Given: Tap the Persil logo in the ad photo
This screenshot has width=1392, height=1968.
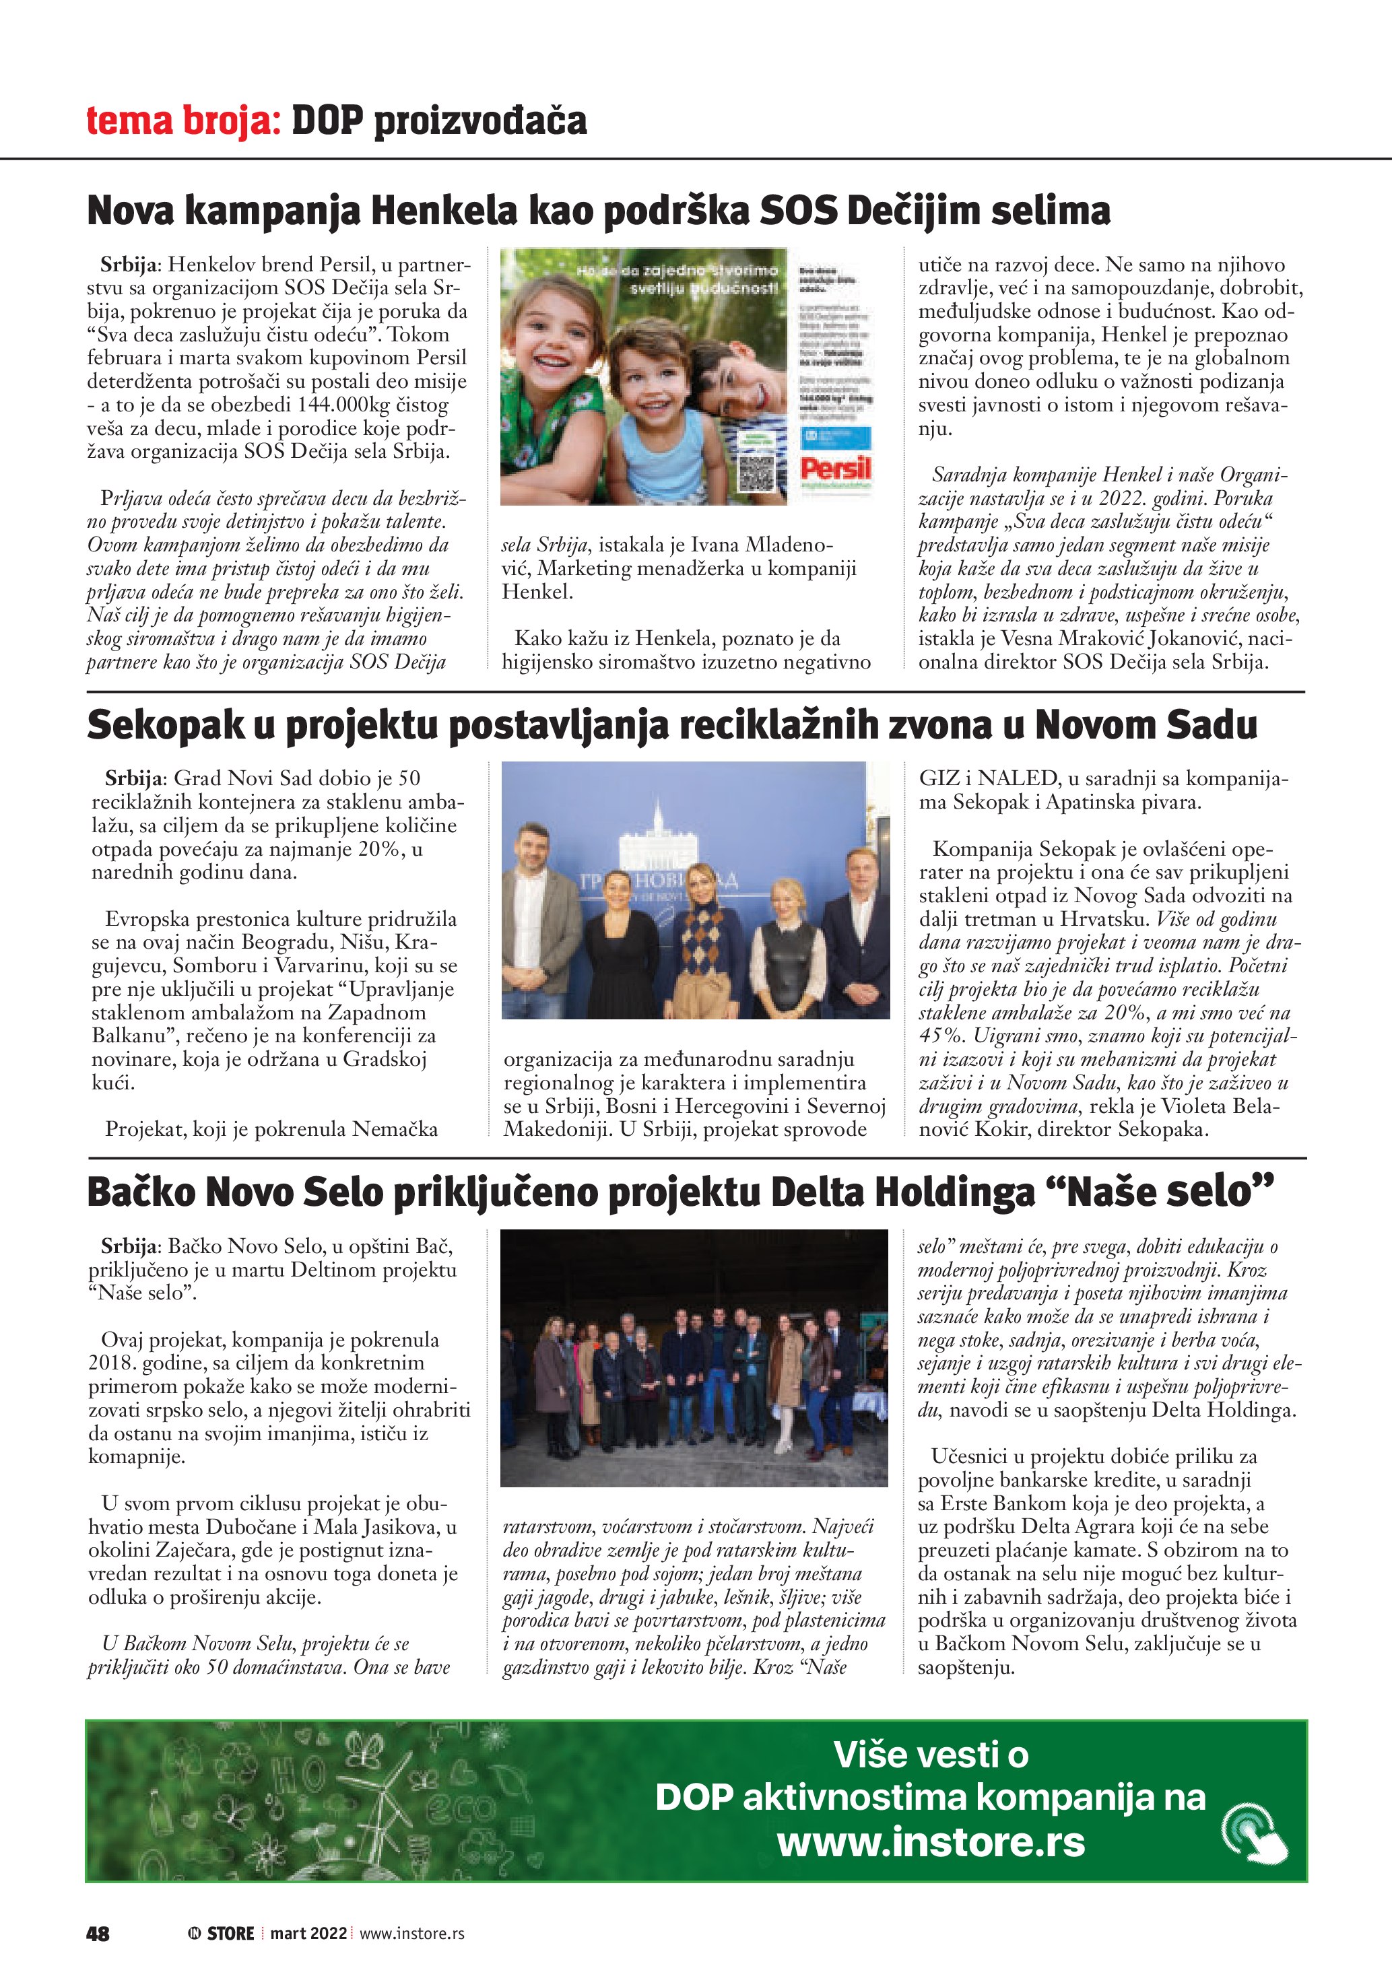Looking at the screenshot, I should (x=835, y=469).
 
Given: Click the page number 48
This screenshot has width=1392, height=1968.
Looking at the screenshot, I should (x=98, y=1933).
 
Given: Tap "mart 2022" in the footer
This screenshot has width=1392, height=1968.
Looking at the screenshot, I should (x=308, y=1933).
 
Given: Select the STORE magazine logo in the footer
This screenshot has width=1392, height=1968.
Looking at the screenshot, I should (x=222, y=1933).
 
